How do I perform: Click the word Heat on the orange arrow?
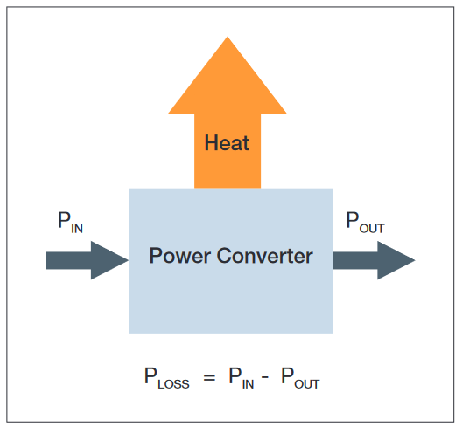click(x=227, y=142)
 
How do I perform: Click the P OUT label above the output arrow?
click(x=365, y=222)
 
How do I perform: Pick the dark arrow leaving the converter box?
click(x=373, y=260)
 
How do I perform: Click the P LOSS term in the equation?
click(x=166, y=378)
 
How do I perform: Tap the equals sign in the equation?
click(x=208, y=378)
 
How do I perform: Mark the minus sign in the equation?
click(x=268, y=378)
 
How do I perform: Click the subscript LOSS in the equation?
click(x=173, y=383)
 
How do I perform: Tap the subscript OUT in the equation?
click(x=307, y=383)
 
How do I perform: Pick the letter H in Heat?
click(x=211, y=142)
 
